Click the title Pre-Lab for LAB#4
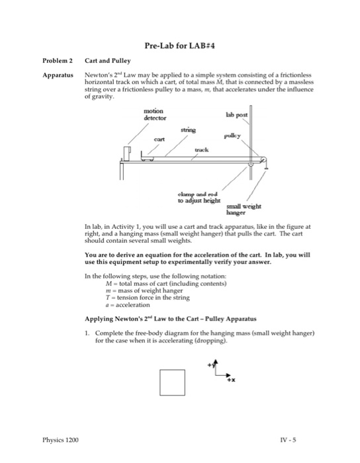(179, 46)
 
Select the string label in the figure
(188, 131)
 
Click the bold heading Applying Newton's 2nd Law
(165, 317)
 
